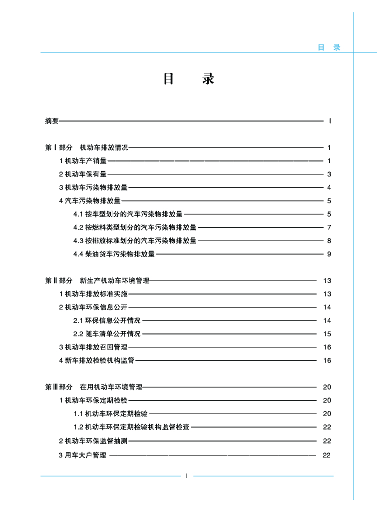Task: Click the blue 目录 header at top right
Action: [x=329, y=47]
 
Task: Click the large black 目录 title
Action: [x=188, y=79]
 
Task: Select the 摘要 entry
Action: [x=52, y=121]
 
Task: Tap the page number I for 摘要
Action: [x=330, y=121]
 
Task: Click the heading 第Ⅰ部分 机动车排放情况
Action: [x=86, y=147]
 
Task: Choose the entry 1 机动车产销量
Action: [x=83, y=161]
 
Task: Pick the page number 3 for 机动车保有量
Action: [x=330, y=174]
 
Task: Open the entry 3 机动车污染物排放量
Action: [x=93, y=187]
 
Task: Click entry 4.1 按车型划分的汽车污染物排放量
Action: [x=128, y=214]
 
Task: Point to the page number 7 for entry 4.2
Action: [x=330, y=227]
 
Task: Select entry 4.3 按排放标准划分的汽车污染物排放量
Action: [x=135, y=240]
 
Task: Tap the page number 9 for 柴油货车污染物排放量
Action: [x=330, y=254]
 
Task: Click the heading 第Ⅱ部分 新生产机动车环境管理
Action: [x=97, y=280]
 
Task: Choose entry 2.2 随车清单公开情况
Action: [x=107, y=333]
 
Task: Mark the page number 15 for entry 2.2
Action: [x=327, y=333]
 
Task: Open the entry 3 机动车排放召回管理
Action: [x=93, y=347]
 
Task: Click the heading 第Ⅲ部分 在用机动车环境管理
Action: [x=93, y=387]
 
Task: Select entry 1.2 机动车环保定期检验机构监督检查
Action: [x=131, y=427]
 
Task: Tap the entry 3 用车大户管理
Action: [x=83, y=455]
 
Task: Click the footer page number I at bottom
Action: [x=186, y=475]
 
